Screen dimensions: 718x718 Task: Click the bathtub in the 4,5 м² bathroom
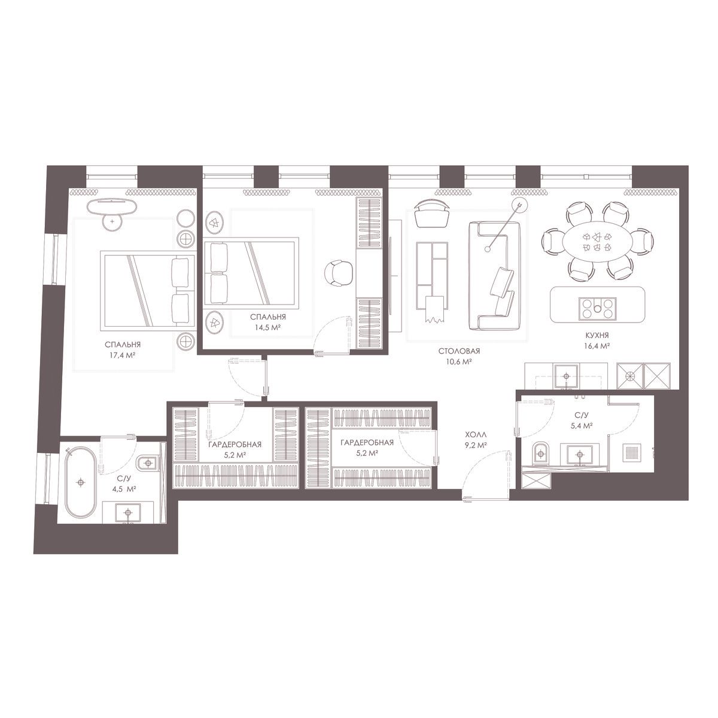point(81,482)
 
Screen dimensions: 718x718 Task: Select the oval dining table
point(597,241)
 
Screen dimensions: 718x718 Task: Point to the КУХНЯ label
point(597,336)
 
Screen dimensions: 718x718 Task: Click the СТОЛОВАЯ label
point(459,351)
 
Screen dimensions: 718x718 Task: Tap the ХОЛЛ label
point(476,434)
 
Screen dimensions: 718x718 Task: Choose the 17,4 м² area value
point(120,355)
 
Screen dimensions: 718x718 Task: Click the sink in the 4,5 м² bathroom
point(128,513)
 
